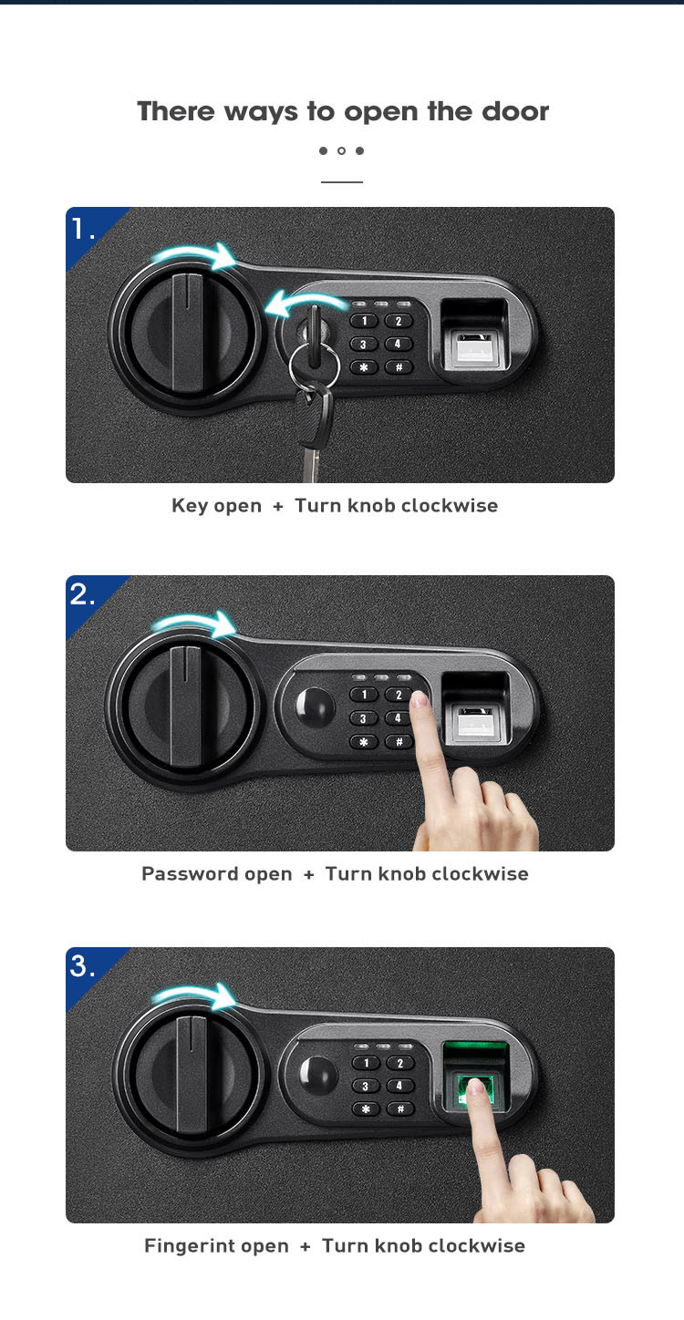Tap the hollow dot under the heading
point(341,150)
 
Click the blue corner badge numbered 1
point(88,230)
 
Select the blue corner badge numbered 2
point(88,597)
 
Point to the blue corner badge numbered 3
point(88,970)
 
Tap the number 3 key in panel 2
point(363,718)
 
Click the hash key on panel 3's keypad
point(400,1109)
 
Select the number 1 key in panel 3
point(367,1063)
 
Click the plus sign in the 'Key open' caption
point(278,506)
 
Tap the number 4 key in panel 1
point(398,345)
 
